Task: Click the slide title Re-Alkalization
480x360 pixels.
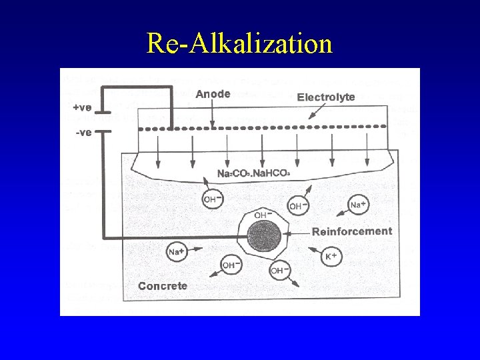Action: pyautogui.click(x=239, y=43)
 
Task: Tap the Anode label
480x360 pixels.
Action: pyautogui.click(x=213, y=94)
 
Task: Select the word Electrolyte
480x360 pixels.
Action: pyautogui.click(x=326, y=97)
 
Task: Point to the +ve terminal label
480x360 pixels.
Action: pyautogui.click(x=82, y=107)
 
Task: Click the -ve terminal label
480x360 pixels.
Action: pyautogui.click(x=83, y=133)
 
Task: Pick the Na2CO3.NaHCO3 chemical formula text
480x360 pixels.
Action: pyautogui.click(x=253, y=173)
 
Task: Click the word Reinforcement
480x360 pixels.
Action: pyautogui.click(x=352, y=231)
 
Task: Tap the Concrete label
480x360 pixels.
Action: pyautogui.click(x=163, y=286)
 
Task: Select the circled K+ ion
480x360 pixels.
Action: pyautogui.click(x=331, y=256)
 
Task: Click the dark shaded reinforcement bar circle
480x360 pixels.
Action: pyautogui.click(x=265, y=237)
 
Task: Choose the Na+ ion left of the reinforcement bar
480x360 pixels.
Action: pyautogui.click(x=176, y=251)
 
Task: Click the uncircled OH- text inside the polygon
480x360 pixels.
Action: pyautogui.click(x=261, y=215)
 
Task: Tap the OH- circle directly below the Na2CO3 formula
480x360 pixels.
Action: pyautogui.click(x=211, y=199)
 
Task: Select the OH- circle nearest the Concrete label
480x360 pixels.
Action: pyautogui.click(x=229, y=265)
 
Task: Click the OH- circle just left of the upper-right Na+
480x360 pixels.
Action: pyautogui.click(x=297, y=206)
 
